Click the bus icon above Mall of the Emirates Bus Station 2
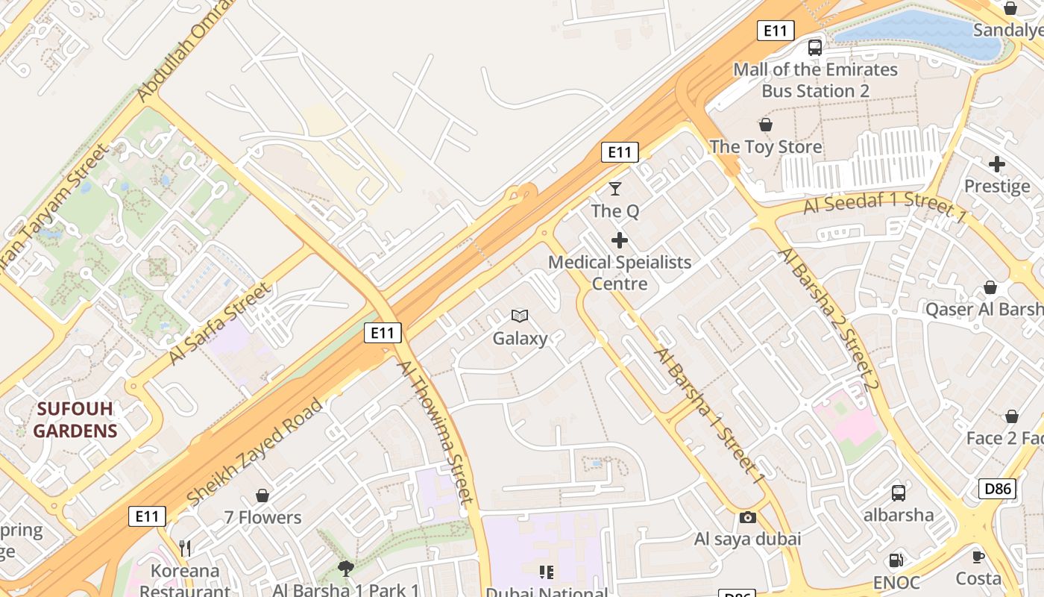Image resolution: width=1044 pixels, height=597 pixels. click(815, 48)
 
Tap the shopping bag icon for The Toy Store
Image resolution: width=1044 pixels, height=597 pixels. click(766, 125)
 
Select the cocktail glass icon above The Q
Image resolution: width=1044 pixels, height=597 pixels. click(615, 189)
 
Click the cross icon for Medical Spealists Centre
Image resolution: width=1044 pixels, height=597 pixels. click(620, 240)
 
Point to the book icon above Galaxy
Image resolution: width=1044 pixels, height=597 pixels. click(520, 316)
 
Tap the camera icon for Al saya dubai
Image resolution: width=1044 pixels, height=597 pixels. click(747, 517)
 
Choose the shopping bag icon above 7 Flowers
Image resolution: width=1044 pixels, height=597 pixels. click(262, 496)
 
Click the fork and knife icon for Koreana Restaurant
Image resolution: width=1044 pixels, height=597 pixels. click(185, 548)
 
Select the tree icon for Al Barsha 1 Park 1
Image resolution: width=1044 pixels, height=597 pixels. click(345, 569)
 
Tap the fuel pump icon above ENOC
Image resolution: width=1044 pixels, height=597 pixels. click(896, 560)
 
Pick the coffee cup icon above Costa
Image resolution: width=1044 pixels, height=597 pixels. click(978, 556)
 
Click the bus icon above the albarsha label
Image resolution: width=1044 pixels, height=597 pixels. click(899, 493)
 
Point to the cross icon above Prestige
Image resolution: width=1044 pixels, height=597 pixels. click(997, 164)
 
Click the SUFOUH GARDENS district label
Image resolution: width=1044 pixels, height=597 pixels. click(75, 419)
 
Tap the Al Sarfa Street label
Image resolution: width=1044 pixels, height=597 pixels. click(218, 325)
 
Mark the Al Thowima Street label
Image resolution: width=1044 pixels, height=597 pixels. click(435, 433)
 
